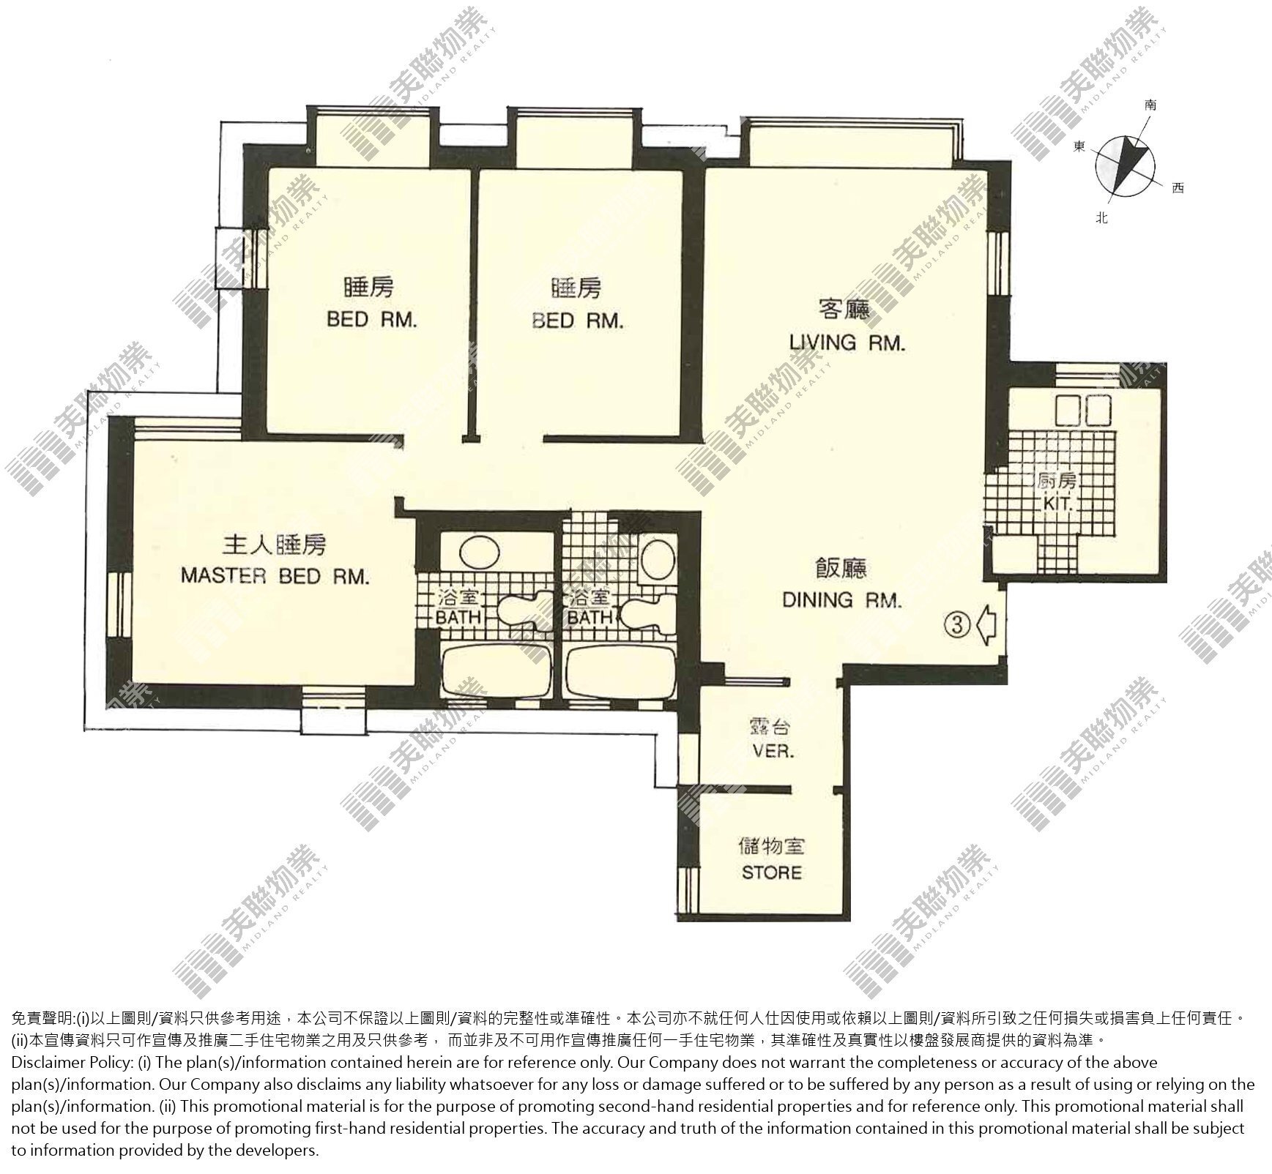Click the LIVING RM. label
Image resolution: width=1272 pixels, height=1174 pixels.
[847, 343]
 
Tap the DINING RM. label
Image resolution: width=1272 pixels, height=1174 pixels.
[842, 600]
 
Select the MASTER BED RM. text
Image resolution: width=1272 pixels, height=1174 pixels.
[275, 576]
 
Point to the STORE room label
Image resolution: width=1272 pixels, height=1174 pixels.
[772, 872]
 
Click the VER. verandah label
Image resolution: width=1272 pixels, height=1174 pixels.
[774, 752]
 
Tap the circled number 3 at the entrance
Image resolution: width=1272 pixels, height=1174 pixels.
[958, 624]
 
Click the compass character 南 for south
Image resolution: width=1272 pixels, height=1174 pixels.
[1150, 105]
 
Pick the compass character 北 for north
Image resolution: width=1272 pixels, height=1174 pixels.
[1101, 217]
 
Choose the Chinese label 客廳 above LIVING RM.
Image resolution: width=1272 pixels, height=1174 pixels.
[844, 311]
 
